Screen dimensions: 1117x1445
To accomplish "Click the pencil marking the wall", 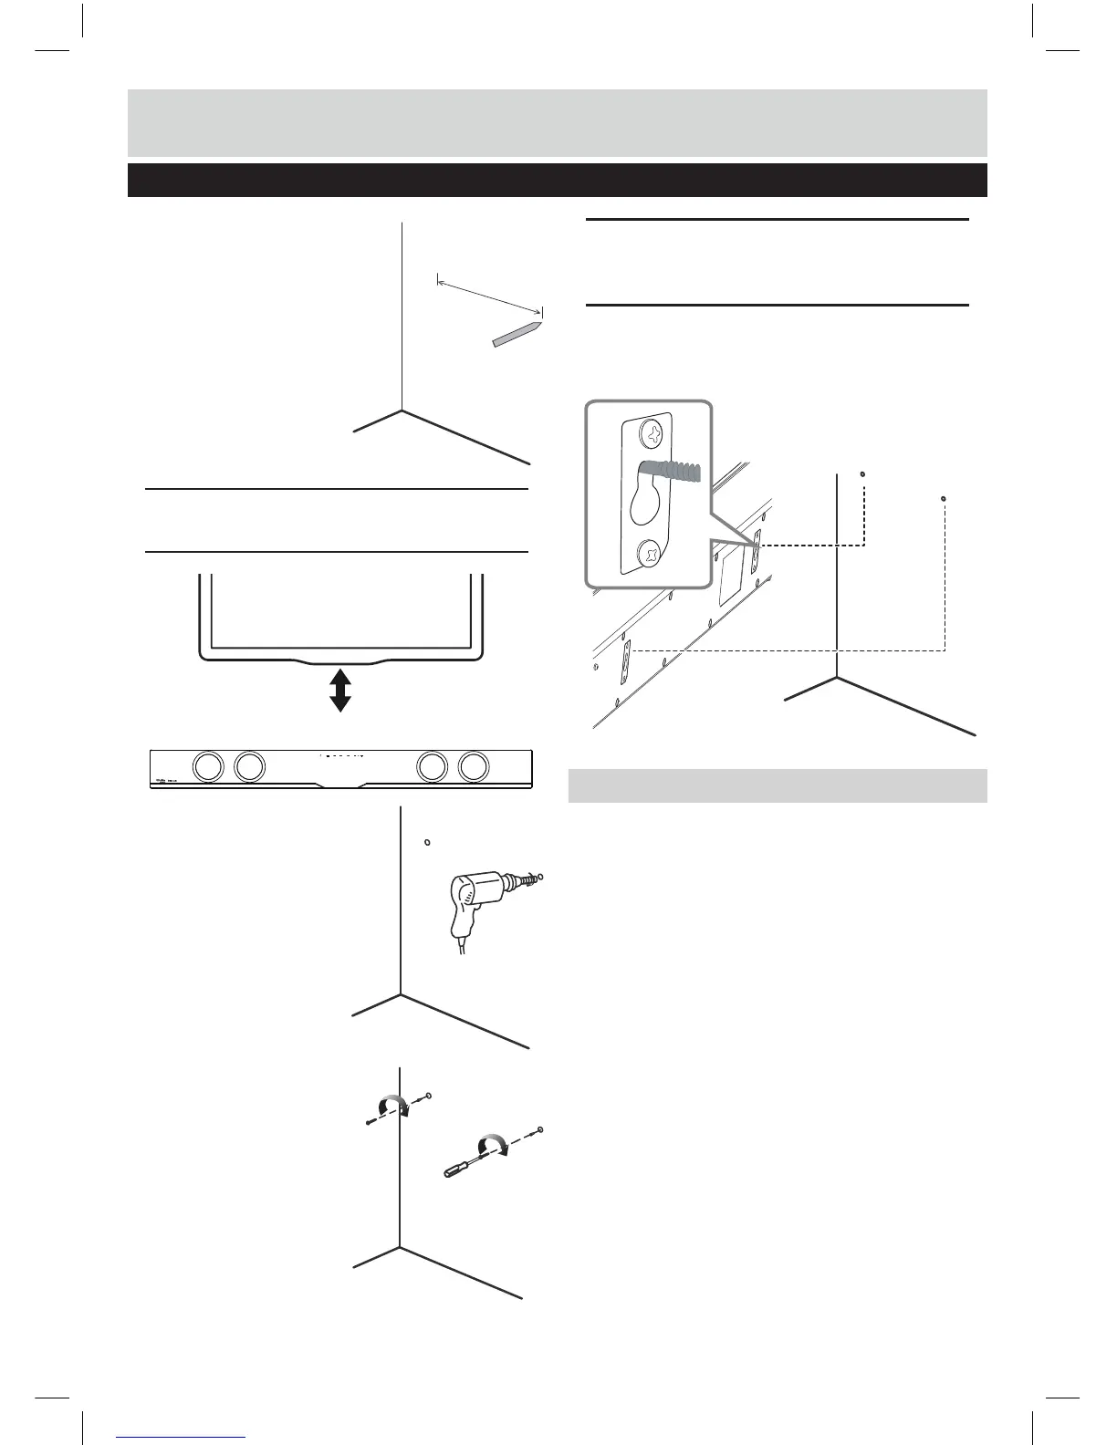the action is pyautogui.click(x=517, y=333).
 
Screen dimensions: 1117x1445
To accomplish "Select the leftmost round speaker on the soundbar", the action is pyautogui.click(x=208, y=766).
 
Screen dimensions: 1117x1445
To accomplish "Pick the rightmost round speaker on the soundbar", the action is pyautogui.click(x=473, y=766).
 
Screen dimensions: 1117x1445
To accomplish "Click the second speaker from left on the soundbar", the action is pyautogui.click(x=249, y=766).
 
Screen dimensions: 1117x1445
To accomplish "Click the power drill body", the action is pyautogui.click(x=470, y=899).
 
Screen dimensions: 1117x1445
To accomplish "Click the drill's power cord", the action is pyautogui.click(x=464, y=947).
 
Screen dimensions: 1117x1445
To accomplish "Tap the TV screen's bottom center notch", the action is pyautogui.click(x=339, y=659).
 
